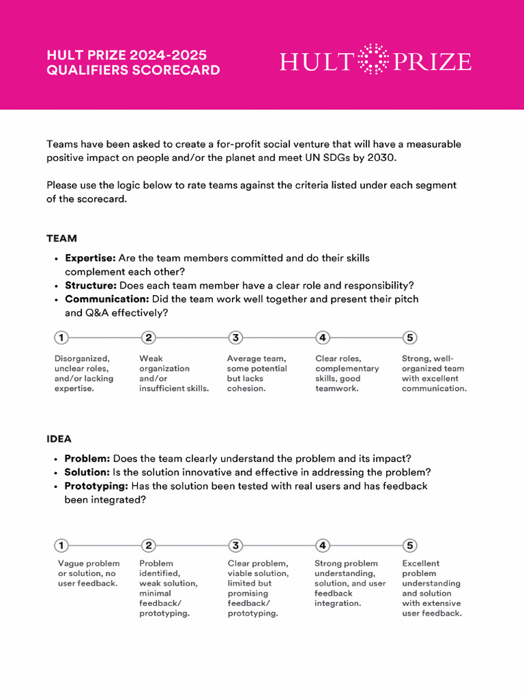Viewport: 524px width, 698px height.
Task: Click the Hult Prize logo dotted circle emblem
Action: point(373,59)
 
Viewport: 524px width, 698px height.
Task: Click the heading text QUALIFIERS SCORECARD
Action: point(133,70)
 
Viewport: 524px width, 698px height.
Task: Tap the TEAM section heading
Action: point(61,239)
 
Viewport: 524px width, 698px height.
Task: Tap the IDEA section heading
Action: point(59,439)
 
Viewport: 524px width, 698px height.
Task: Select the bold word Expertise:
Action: point(90,258)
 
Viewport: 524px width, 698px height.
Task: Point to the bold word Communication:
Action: point(106,299)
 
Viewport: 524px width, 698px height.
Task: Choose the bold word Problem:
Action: point(87,459)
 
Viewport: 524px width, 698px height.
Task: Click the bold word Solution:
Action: point(87,472)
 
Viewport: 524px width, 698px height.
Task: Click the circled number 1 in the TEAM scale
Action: point(61,337)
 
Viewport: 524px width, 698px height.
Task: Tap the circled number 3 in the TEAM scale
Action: point(235,337)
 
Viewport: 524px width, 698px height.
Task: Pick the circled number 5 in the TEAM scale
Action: point(409,337)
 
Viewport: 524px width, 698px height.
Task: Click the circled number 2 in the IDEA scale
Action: point(149,545)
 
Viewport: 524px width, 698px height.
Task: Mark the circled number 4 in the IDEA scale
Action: point(323,545)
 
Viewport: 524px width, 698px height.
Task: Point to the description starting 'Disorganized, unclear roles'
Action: point(84,374)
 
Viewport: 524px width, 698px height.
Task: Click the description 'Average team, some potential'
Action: point(257,374)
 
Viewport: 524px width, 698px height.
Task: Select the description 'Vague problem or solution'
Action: point(89,573)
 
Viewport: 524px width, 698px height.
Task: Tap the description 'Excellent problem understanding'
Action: point(431,588)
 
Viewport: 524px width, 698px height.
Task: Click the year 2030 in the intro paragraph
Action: point(381,158)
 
